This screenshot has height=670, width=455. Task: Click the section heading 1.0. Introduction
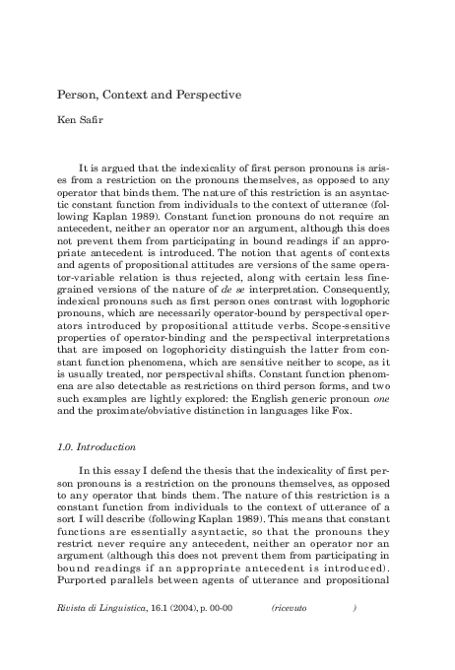[x=94, y=420]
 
